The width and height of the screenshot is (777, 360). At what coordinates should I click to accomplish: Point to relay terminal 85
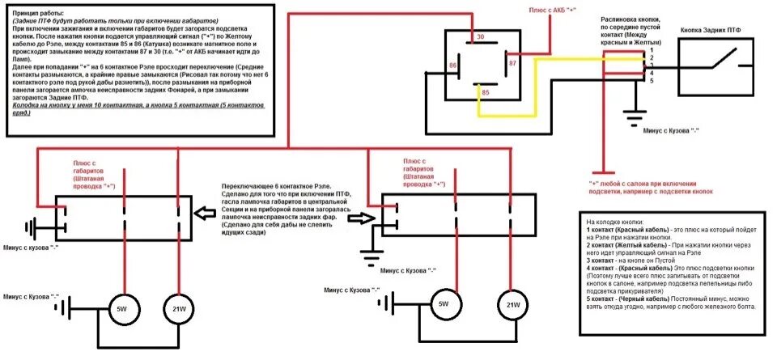[485, 92]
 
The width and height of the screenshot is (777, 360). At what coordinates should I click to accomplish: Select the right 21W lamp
[511, 305]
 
